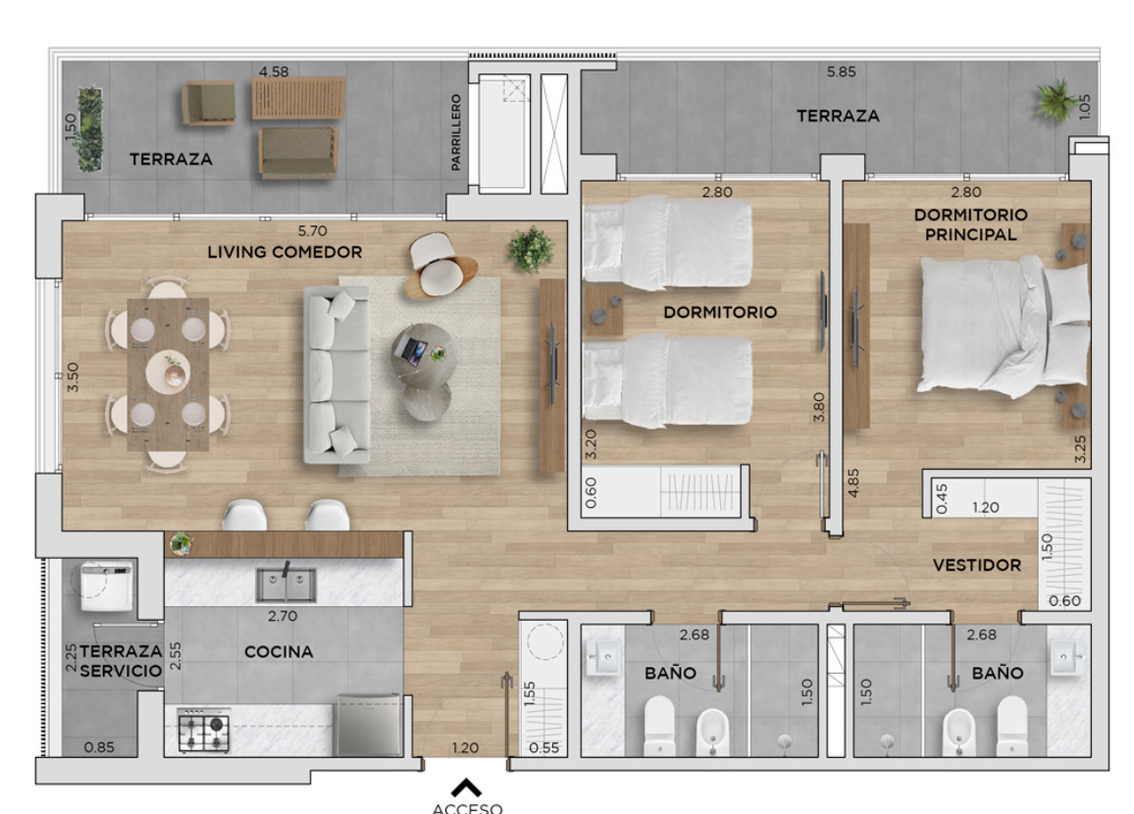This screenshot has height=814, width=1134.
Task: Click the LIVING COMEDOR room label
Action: pyautogui.click(x=284, y=252)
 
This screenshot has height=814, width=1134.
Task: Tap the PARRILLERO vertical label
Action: pyautogui.click(x=455, y=132)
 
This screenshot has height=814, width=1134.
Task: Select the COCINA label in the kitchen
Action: pyautogui.click(x=279, y=652)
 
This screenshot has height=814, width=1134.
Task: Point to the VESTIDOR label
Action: pyautogui.click(x=976, y=565)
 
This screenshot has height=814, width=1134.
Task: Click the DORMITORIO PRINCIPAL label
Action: pyautogui.click(x=970, y=225)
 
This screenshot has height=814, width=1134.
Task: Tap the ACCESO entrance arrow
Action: pyautogui.click(x=467, y=788)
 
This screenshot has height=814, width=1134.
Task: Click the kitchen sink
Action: pyautogui.click(x=285, y=585)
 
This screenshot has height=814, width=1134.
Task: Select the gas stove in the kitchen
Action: pyautogui.click(x=204, y=731)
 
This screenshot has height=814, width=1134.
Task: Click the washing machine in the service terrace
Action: pyautogui.click(x=106, y=585)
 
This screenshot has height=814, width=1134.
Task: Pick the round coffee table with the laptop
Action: pyautogui.click(x=424, y=353)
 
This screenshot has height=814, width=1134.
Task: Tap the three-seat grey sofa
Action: pyautogui.click(x=337, y=375)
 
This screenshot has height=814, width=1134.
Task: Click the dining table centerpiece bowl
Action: pyautogui.click(x=174, y=376)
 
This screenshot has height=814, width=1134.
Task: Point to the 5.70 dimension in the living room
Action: pyautogui.click(x=312, y=231)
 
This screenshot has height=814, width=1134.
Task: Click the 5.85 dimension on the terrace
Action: pyautogui.click(x=841, y=73)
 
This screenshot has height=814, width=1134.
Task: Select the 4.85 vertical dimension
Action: pyautogui.click(x=853, y=483)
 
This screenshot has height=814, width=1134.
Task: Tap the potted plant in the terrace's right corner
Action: pyautogui.click(x=1055, y=100)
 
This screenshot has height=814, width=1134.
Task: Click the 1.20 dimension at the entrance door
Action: pyautogui.click(x=465, y=748)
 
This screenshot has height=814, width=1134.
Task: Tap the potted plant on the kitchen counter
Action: pyautogui.click(x=181, y=544)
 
